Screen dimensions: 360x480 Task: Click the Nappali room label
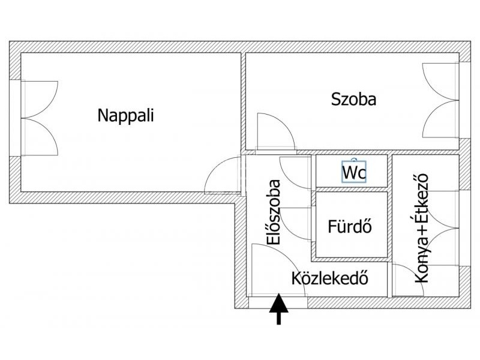pos(125,115)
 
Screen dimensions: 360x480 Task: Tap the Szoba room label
pos(354,99)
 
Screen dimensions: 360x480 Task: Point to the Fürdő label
pos(350,227)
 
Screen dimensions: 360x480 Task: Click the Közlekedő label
pos(329,278)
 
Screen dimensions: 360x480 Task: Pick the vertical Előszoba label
pos(275,212)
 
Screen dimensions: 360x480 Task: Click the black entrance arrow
pos(278,309)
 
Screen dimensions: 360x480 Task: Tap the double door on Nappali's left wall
pos(40,118)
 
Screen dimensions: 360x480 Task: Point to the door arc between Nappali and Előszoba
pos(221,175)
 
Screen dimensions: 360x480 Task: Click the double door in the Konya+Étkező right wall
pos(443,228)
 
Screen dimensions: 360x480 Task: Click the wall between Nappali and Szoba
pos(243,102)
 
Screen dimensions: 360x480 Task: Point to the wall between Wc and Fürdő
pos(352,189)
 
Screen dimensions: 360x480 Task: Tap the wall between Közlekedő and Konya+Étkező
pos(389,279)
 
